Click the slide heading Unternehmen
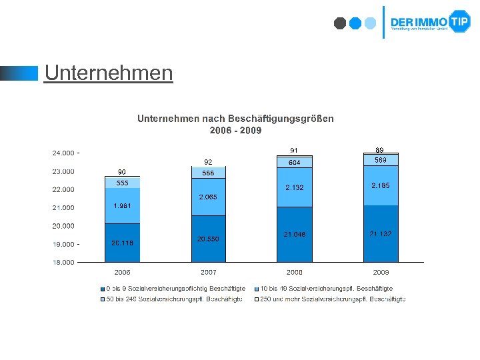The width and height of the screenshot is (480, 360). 108,73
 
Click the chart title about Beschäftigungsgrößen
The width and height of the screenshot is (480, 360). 235,124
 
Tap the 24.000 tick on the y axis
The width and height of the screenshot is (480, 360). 64,153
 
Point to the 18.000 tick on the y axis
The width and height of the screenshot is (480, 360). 64,263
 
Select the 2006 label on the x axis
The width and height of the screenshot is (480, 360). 122,273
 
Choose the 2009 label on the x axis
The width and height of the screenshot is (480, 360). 381,273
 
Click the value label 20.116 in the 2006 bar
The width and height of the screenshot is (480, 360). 122,243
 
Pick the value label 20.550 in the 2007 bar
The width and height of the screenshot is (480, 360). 208,239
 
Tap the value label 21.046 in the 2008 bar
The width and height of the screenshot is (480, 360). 294,235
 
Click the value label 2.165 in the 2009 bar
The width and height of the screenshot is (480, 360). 381,185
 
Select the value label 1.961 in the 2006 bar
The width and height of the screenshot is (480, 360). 122,206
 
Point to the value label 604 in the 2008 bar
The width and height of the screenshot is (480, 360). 294,163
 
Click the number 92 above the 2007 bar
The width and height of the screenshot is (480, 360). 208,161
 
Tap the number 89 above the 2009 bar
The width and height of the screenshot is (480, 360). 380,150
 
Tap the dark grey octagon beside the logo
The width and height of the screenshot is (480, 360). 340,23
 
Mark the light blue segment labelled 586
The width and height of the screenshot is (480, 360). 208,173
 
